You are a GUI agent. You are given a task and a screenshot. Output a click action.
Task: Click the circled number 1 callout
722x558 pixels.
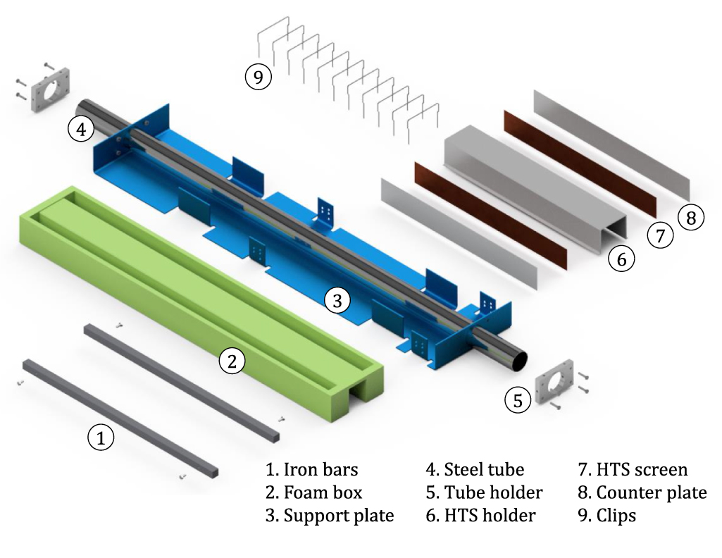[x=101, y=438]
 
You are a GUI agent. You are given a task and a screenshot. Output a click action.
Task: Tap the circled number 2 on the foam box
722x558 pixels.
[x=232, y=361]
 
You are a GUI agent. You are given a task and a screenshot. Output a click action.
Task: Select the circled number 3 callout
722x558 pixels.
[x=337, y=301]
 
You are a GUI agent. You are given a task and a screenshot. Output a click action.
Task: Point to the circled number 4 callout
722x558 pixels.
[x=81, y=130]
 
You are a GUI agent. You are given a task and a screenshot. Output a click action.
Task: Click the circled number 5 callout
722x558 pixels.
[x=518, y=401]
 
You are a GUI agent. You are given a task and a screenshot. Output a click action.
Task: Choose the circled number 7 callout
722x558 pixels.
[x=660, y=236]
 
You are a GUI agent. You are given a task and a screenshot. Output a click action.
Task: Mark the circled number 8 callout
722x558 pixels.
[x=690, y=218]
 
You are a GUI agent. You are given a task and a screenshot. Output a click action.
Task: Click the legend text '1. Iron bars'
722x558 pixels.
[x=311, y=469]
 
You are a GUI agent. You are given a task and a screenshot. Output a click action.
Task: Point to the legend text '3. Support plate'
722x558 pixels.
[x=330, y=516]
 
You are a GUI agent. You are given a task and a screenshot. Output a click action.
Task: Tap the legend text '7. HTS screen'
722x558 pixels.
[x=632, y=469]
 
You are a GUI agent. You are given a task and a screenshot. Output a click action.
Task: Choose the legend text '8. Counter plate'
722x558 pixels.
[x=642, y=492]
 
